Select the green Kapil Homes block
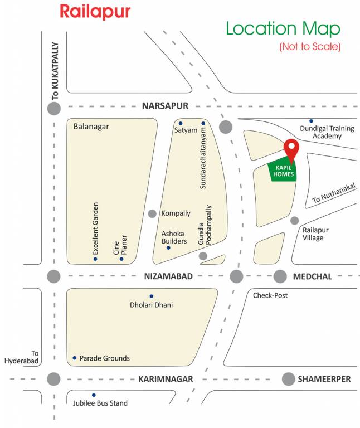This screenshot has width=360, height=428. (283, 171)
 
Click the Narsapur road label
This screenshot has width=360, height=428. (165, 106)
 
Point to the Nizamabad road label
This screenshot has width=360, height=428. (168, 276)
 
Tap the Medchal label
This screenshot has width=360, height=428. (312, 276)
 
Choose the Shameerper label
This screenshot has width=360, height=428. (324, 379)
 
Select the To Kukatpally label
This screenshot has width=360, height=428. (55, 71)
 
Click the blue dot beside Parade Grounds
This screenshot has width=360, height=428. (74, 358)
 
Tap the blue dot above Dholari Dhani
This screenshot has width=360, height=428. (151, 296)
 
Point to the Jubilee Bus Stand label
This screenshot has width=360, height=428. (101, 403)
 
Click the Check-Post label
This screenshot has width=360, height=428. (270, 295)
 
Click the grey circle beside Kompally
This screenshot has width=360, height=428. (152, 213)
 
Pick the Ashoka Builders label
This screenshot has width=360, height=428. (174, 237)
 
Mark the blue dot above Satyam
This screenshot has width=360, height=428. (180, 123)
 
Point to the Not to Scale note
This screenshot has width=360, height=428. (309, 46)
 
